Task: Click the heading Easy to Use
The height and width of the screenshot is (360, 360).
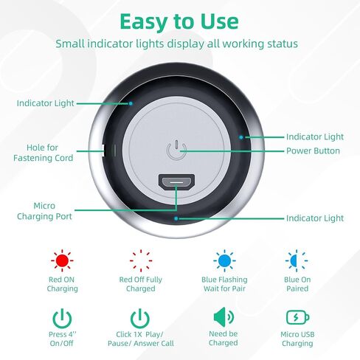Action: click(179, 21)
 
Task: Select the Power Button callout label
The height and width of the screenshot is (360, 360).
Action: click(313, 151)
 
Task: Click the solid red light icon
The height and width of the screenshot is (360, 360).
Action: click(62, 260)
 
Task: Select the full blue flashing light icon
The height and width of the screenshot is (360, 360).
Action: click(224, 260)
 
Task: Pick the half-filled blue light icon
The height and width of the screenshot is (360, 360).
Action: click(297, 260)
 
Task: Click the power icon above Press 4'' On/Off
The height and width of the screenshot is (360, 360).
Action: click(62, 319)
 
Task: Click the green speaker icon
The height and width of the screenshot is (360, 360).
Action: click(223, 318)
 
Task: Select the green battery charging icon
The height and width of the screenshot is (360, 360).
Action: click(297, 319)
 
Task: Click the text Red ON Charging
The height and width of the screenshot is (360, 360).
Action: click(62, 285)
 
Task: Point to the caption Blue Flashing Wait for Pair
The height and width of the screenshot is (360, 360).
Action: click(224, 285)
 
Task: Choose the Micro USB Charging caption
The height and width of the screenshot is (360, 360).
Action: click(297, 339)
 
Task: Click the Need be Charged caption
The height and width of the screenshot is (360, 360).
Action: click(223, 339)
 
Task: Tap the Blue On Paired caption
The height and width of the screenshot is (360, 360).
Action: click(297, 285)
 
